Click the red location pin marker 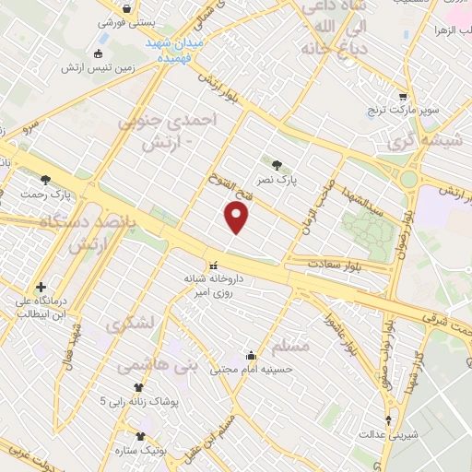pyautogui.click(x=238, y=218)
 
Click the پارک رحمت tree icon pyautogui.click(x=46, y=180)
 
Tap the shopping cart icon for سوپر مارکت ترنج pyautogui.click(x=403, y=95)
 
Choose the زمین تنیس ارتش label pyautogui.click(x=98, y=67)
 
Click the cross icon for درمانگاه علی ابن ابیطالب pyautogui.click(x=40, y=287)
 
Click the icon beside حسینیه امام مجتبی pyautogui.click(x=250, y=355)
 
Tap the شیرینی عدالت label pyautogui.click(x=384, y=433)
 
